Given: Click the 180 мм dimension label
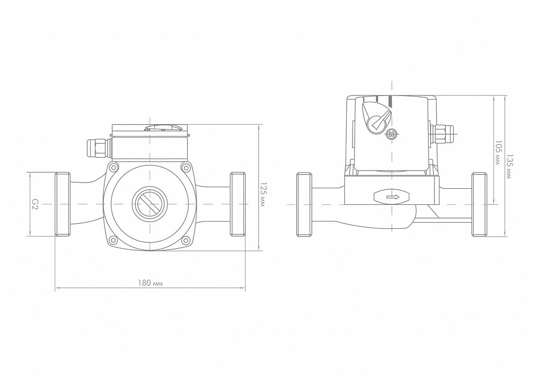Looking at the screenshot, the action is (x=150, y=283).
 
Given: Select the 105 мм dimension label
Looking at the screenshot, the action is (x=498, y=153).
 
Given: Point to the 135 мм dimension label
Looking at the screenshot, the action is (x=509, y=166).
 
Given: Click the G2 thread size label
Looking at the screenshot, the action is (x=34, y=204).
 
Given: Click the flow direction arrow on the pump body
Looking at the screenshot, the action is (x=393, y=197).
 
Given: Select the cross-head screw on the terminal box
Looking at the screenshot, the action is (x=392, y=135).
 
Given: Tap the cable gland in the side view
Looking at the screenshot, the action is (x=442, y=135).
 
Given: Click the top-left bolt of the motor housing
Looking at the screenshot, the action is (x=114, y=167).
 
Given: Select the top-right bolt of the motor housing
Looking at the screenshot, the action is (x=186, y=167).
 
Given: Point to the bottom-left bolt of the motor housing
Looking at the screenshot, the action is (x=114, y=241).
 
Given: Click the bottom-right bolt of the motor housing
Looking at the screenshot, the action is (x=186, y=241).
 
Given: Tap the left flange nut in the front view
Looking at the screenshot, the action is (x=63, y=204).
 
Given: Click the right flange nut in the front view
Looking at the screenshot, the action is (x=238, y=204).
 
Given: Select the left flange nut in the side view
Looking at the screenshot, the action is (x=305, y=205).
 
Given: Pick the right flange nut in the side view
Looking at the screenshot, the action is (x=479, y=205).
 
